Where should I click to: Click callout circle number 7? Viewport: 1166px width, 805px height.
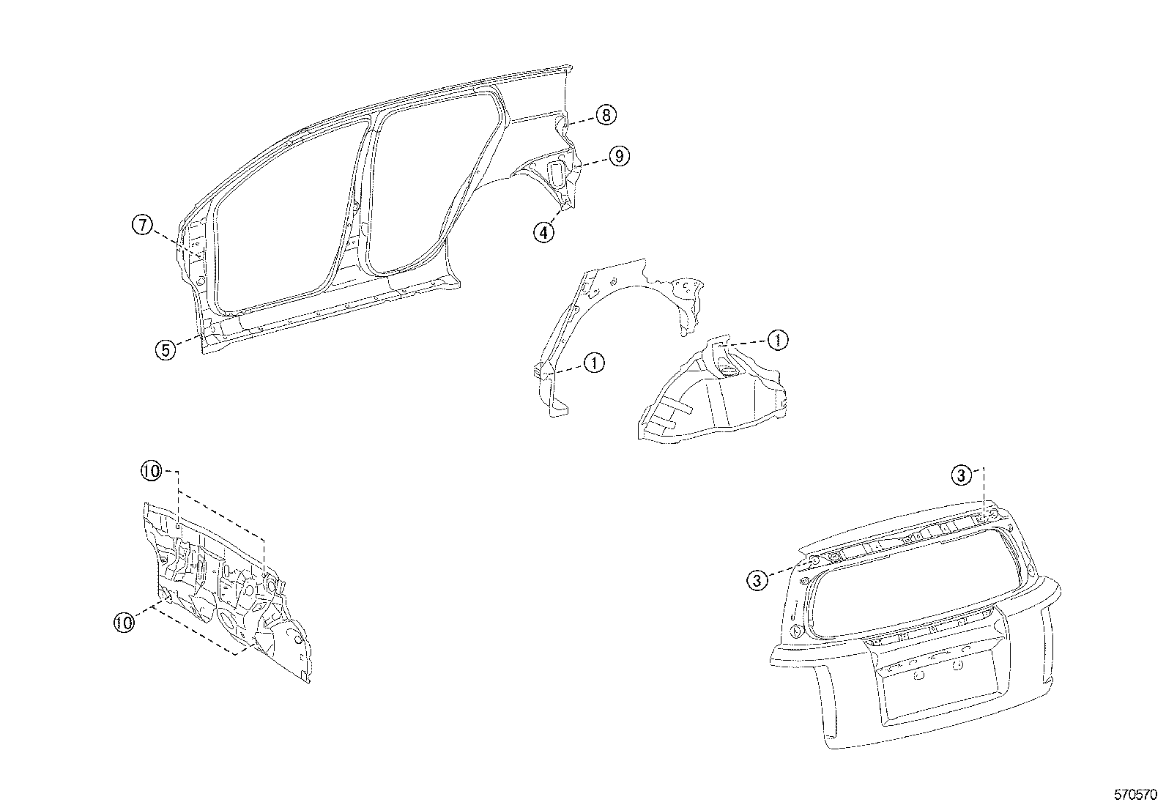click(x=142, y=225)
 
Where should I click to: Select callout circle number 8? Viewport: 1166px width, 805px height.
click(x=606, y=115)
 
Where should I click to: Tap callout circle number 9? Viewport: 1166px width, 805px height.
click(x=618, y=156)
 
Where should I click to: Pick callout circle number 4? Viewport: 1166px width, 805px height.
click(x=543, y=232)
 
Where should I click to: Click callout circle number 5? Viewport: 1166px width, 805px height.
click(x=166, y=349)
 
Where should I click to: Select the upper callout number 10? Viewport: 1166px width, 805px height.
click(x=152, y=472)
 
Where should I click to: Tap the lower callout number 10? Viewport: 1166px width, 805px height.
click(x=125, y=623)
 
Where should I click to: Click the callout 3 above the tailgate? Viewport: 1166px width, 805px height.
click(x=962, y=476)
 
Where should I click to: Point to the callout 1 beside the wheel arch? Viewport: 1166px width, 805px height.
click(x=594, y=362)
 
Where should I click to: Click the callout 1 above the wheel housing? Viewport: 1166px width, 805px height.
click(x=777, y=339)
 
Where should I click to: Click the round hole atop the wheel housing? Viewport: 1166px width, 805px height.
click(x=729, y=374)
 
